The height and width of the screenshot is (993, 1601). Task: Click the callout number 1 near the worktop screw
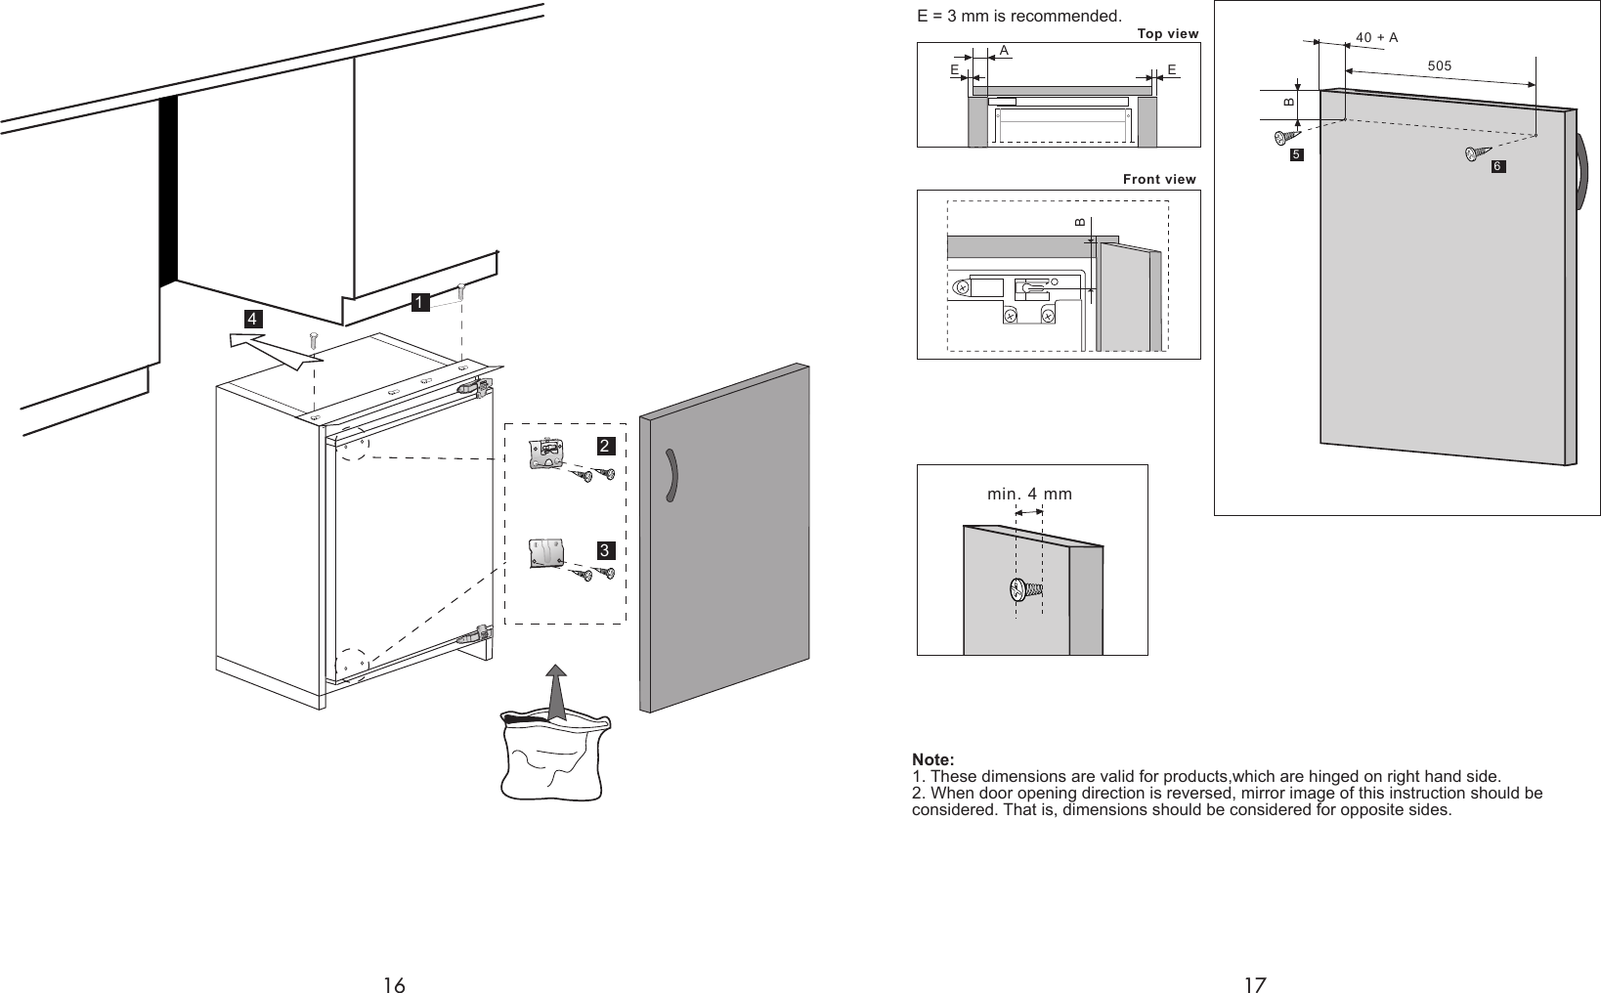pyautogui.click(x=419, y=303)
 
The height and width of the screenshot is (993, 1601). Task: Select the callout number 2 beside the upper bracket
pyautogui.click(x=605, y=446)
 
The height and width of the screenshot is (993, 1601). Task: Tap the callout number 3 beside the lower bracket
pyautogui.click(x=605, y=551)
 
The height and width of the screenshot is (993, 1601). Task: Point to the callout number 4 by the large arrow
pyautogui.click(x=252, y=320)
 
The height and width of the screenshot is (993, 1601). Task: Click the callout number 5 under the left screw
pyautogui.click(x=1295, y=155)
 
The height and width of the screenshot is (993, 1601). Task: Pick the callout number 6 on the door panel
pyautogui.click(x=1497, y=168)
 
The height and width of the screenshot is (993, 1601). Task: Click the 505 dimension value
pyautogui.click(x=1439, y=65)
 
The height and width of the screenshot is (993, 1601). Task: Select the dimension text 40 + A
pyautogui.click(x=1376, y=38)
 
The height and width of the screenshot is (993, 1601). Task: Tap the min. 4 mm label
pyautogui.click(x=1029, y=494)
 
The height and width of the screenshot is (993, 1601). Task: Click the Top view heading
pyautogui.click(x=1168, y=34)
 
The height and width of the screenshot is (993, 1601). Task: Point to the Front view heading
pyautogui.click(x=1159, y=179)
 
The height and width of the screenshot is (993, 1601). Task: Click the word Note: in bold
pyautogui.click(x=932, y=760)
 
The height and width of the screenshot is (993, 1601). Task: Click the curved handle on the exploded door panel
pyautogui.click(x=671, y=476)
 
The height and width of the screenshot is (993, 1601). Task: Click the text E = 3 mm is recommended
pyautogui.click(x=1018, y=17)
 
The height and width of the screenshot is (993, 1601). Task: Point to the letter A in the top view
pyautogui.click(x=1004, y=49)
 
